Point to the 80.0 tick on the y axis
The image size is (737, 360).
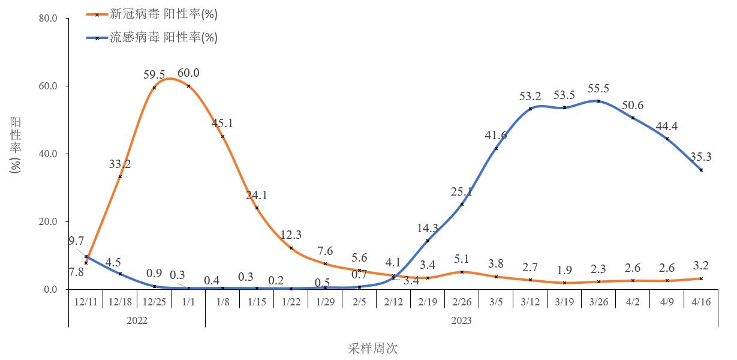coord(47,19)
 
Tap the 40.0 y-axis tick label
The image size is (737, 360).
coord(47,154)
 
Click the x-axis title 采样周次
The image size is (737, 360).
coord(372,349)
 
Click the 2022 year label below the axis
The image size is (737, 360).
coord(137,320)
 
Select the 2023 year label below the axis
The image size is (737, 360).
coord(461,320)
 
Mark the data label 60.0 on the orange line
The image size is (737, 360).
coord(188,73)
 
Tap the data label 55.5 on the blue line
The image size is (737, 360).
coord(598,89)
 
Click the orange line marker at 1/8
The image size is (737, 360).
coord(222,136)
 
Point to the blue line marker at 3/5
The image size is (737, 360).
coord(496,148)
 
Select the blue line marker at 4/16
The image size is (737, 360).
coord(701,170)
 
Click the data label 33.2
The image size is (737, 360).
coord(120,164)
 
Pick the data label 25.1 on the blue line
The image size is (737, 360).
coord(462,192)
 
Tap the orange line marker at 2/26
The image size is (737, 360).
coord(462,272)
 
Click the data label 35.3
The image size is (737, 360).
coord(701,158)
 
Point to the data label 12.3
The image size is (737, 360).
coord(291,235)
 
